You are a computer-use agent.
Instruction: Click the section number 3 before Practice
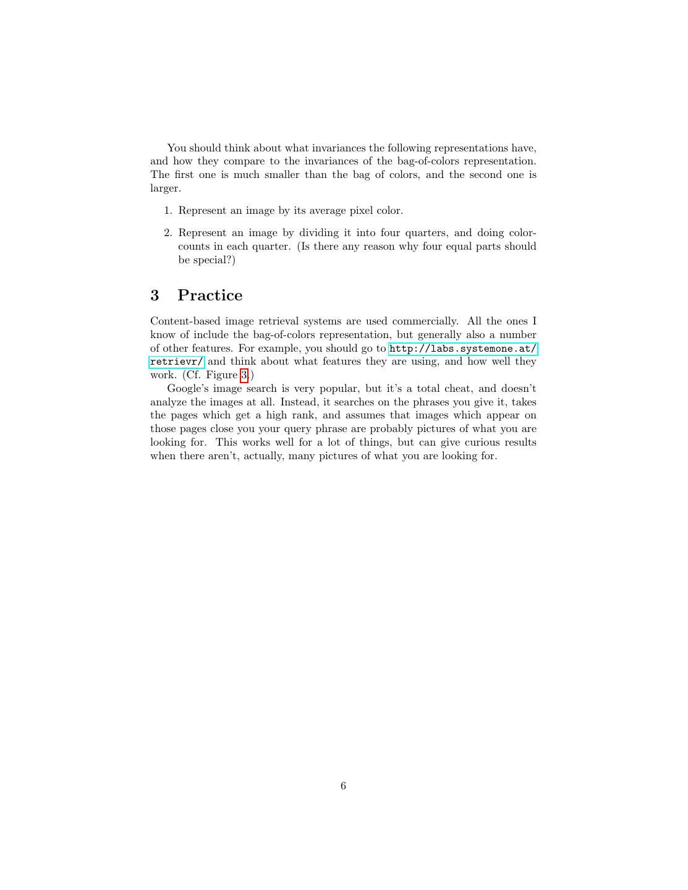155,295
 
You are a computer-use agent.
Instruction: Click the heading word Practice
210,295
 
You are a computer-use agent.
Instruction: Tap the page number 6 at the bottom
343,786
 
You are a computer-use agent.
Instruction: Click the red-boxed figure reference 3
244,375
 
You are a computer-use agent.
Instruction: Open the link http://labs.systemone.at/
463,349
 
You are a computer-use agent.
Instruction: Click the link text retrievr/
177,362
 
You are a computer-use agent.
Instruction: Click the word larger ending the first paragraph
164,189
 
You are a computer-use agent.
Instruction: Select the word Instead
300,402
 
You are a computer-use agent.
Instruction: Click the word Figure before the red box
221,375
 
